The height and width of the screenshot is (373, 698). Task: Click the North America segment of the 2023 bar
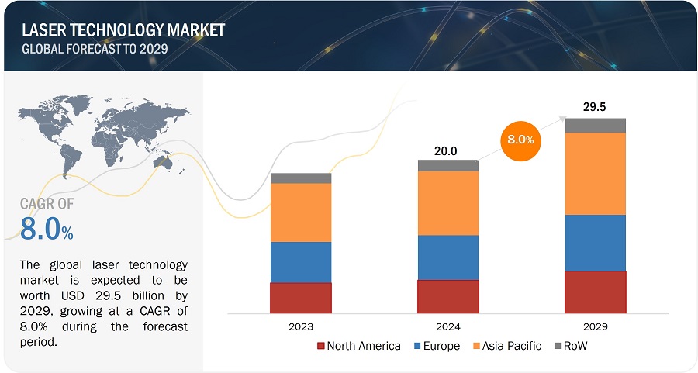(301, 298)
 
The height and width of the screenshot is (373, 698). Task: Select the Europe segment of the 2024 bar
(448, 257)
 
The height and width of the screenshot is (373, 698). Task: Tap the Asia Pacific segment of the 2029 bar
(595, 174)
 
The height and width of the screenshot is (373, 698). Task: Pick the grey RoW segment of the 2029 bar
(595, 126)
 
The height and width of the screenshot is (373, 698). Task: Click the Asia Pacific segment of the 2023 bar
(301, 212)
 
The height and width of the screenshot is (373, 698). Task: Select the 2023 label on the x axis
(301, 327)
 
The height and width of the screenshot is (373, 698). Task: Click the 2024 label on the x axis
(448, 327)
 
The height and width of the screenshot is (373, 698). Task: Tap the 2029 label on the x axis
(595, 327)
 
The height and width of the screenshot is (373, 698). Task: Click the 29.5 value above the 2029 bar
(595, 106)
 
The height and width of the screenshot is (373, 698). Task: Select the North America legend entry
(359, 346)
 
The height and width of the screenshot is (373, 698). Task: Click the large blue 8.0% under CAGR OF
(47, 230)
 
